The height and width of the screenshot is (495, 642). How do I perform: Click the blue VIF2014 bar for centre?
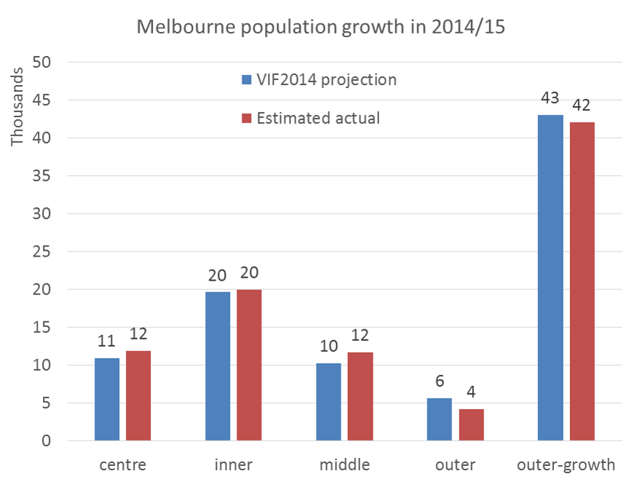click(x=107, y=399)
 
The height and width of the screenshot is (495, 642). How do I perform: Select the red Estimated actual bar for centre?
click(x=138, y=396)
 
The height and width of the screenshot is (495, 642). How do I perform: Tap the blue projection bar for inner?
click(x=218, y=366)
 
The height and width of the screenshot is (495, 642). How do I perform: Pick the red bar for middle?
click(x=359, y=397)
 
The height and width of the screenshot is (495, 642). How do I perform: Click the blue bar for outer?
click(x=439, y=419)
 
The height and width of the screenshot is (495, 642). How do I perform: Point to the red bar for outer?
click(x=471, y=425)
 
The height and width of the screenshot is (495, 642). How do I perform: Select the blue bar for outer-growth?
click(x=550, y=278)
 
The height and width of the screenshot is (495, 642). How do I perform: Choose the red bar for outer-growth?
click(x=582, y=281)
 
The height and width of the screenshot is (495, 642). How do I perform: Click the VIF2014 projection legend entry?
click(x=319, y=79)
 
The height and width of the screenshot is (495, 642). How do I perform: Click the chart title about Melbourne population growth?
click(x=320, y=28)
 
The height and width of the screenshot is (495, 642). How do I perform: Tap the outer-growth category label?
click(x=566, y=465)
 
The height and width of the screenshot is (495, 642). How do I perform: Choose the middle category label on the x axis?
click(x=344, y=465)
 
